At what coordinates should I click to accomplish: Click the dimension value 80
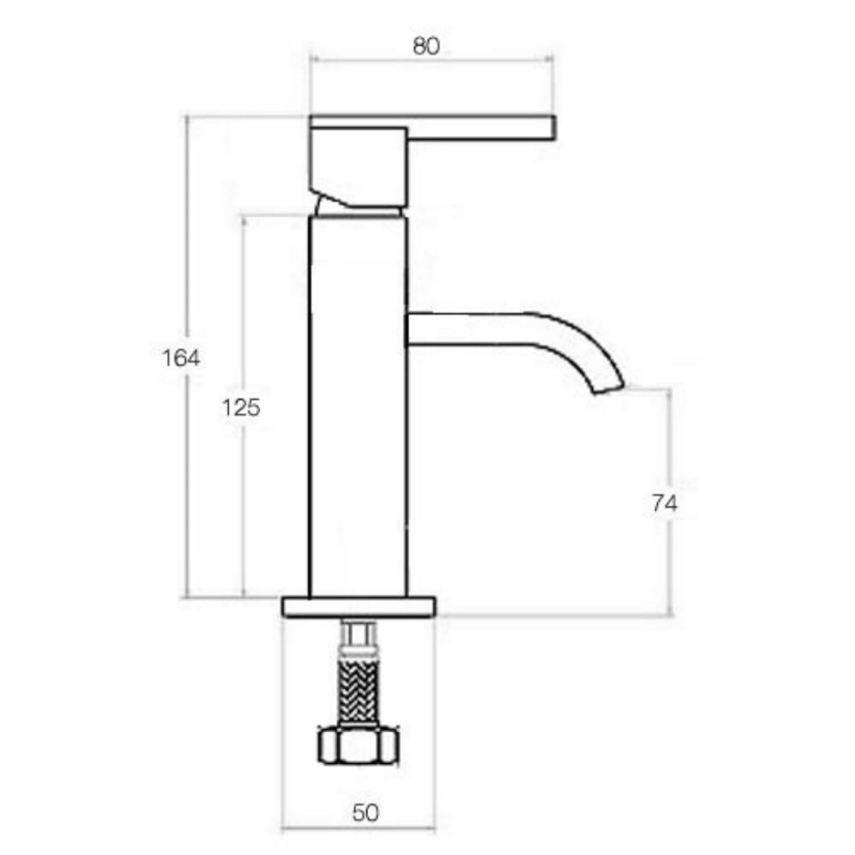pyautogui.click(x=426, y=46)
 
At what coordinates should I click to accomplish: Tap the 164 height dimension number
pyautogui.click(x=181, y=358)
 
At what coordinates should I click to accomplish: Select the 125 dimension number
pyautogui.click(x=241, y=408)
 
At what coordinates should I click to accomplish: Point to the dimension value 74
pyautogui.click(x=665, y=503)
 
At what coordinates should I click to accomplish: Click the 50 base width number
pyautogui.click(x=365, y=812)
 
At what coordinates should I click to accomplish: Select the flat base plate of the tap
pyautogui.click(x=359, y=607)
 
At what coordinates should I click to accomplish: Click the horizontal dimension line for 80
pyautogui.click(x=501, y=59)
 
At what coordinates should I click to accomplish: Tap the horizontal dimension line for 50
pyautogui.click(x=317, y=828)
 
